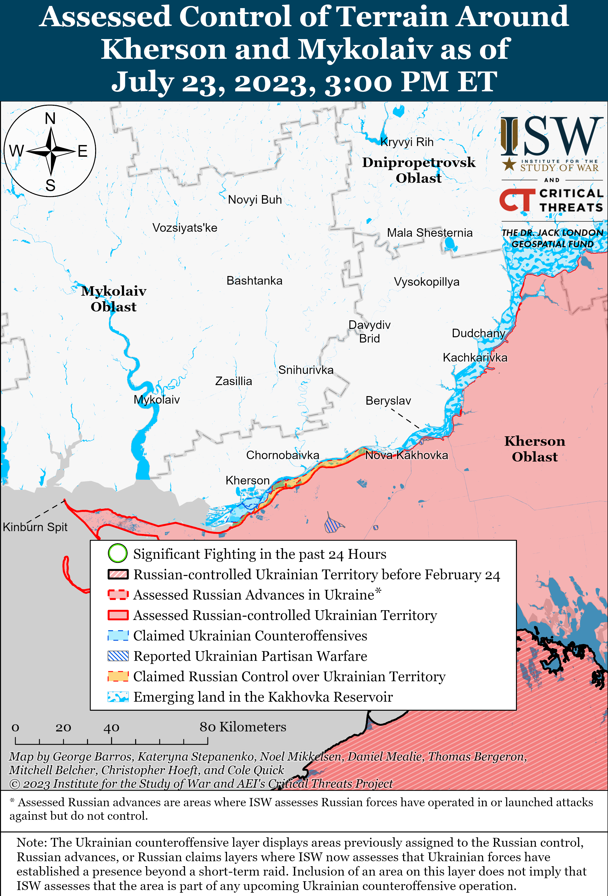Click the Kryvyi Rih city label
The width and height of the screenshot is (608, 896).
tap(407, 142)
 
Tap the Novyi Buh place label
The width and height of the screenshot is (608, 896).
tap(255, 200)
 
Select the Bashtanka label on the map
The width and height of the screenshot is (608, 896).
tap(254, 281)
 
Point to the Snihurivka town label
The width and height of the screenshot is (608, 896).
tap(306, 370)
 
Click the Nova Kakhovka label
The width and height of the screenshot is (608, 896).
tap(407, 455)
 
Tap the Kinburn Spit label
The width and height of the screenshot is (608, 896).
tap(35, 527)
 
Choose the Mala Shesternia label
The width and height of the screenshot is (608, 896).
tap(430, 233)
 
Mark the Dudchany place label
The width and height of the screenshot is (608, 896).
tap(478, 333)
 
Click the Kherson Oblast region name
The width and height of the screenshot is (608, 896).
tap(535, 449)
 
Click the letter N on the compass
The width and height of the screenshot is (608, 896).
tap(50, 118)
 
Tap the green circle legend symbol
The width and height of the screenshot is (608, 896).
tap(118, 553)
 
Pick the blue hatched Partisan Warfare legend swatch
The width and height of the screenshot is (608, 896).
tap(118, 656)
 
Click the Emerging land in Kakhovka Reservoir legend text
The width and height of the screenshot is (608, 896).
tap(263, 697)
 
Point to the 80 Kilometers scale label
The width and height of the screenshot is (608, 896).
tap(243, 727)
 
